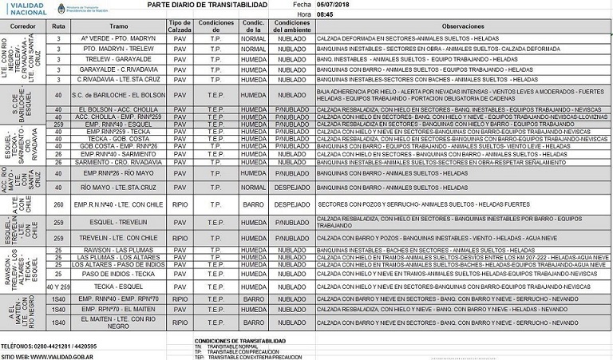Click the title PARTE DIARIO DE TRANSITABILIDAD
207,5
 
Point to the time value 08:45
325,14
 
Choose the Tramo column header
121,26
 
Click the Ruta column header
58,26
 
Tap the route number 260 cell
58,204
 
